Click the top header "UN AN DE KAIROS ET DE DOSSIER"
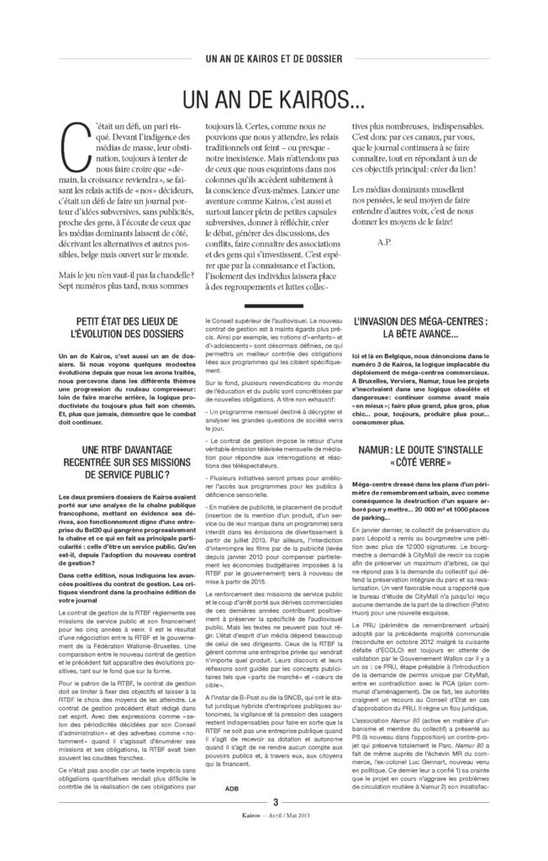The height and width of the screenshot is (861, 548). coord(274,59)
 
